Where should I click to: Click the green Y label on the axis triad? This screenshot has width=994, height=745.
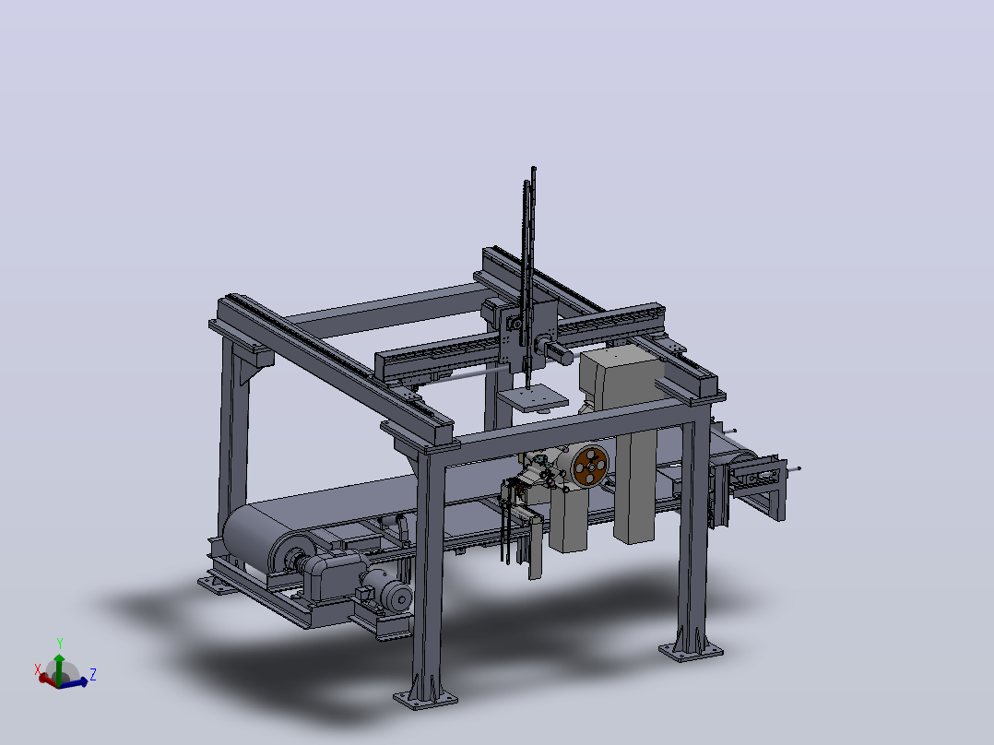(60, 644)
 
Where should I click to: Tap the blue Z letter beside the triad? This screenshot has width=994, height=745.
(92, 674)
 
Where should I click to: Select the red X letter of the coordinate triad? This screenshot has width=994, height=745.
(38, 669)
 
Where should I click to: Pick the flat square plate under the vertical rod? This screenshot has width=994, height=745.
(533, 398)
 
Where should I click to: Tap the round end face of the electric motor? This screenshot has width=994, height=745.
(400, 597)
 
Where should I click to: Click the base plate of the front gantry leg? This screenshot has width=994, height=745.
(425, 699)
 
